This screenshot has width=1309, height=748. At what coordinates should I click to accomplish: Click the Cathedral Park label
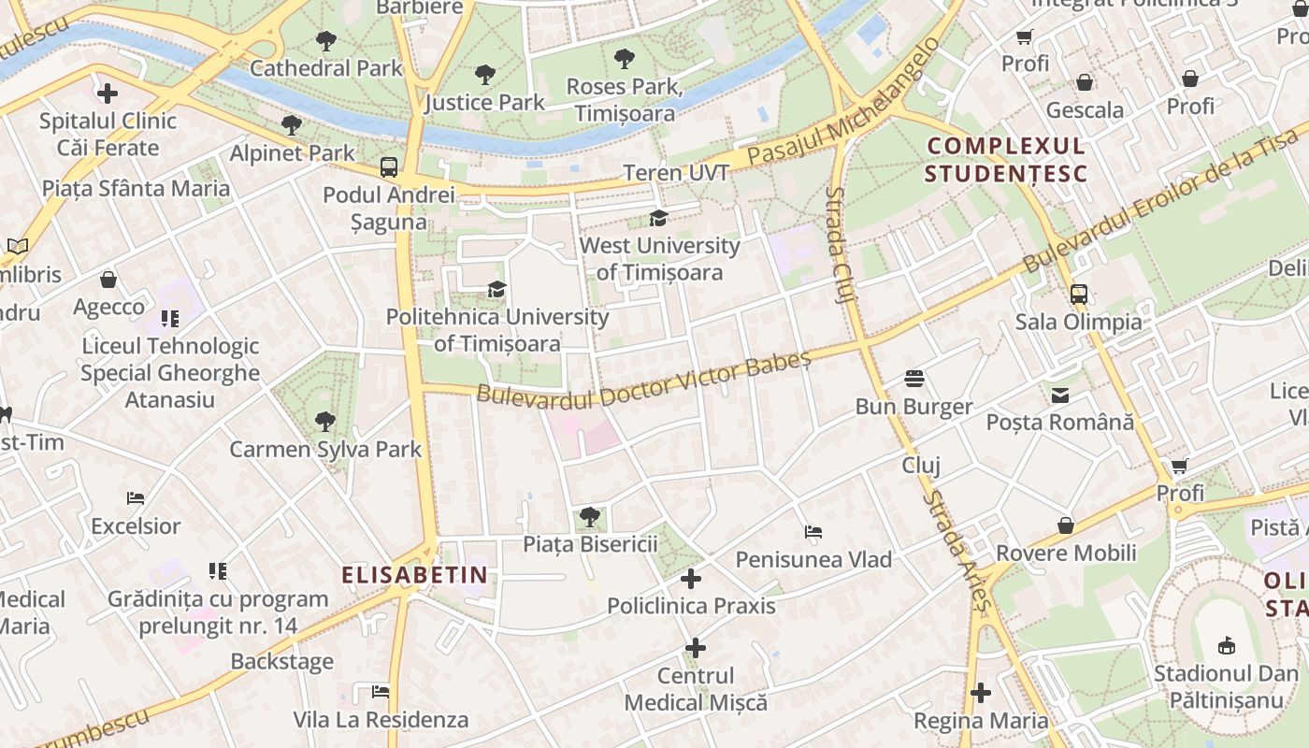325,68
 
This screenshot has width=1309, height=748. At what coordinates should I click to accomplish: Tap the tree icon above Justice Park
484,75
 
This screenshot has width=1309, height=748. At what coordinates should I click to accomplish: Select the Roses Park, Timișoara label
625,99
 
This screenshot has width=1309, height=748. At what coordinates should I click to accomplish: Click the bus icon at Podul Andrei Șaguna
389,167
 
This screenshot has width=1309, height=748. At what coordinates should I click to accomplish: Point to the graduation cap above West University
659,219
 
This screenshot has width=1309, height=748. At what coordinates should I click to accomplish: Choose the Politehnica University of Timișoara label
497,330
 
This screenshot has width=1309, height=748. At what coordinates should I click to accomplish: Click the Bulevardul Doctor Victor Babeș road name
643,380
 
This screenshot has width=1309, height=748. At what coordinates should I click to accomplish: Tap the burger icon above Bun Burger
914,379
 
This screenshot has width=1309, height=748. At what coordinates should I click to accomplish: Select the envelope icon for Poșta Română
1059,396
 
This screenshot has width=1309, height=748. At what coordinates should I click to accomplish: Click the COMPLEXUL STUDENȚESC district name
1005,160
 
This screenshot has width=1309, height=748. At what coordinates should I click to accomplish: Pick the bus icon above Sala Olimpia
1078,295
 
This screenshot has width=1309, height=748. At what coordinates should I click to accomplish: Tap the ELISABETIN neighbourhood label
414,575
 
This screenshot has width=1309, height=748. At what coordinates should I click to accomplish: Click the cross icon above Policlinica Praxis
691,579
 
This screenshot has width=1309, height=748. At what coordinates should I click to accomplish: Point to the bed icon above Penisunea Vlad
813,532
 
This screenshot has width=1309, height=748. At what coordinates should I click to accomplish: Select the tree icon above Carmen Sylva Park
325,422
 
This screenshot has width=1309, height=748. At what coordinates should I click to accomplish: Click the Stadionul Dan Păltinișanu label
1226,685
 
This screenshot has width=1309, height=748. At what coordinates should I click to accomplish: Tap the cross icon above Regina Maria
980,693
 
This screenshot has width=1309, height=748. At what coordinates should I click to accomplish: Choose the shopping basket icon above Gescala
1085,82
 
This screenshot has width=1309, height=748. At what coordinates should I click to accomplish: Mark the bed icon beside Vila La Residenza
380,692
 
